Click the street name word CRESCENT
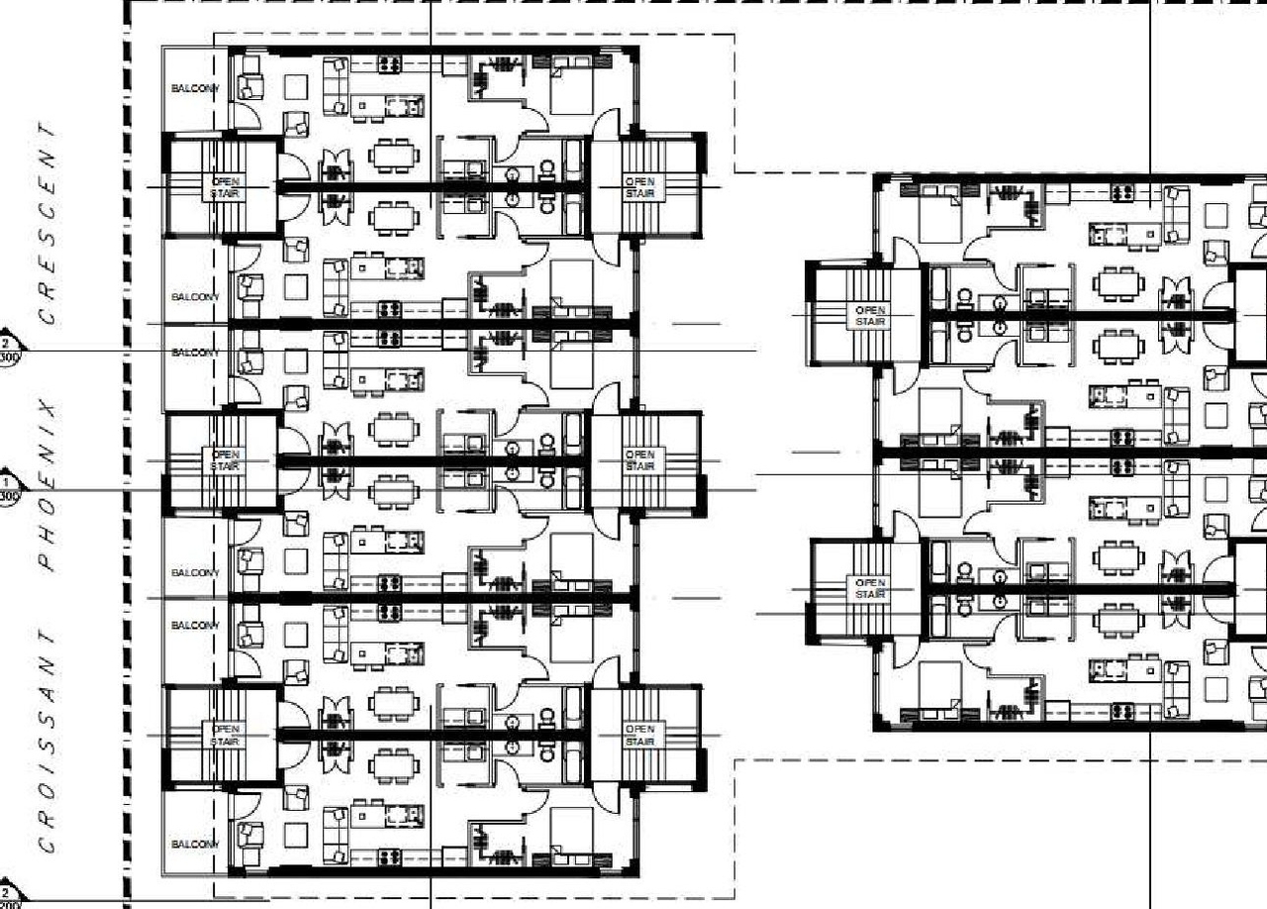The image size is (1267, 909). tap(47, 224)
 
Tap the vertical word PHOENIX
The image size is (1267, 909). tap(47, 485)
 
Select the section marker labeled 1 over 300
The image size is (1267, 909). tap(9, 489)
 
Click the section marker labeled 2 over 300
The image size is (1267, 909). tap(9, 350)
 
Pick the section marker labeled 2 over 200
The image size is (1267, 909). tap(9, 898)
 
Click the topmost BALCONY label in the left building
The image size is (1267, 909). tap(194, 89)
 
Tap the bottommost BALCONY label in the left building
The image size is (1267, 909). tap(194, 845)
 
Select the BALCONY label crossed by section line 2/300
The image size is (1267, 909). tap(194, 353)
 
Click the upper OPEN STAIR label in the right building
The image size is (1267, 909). tap(870, 316)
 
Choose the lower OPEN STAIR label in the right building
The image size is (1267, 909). tap(870, 588)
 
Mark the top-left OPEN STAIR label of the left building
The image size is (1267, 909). tap(225, 186)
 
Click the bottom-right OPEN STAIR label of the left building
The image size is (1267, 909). tap(639, 735)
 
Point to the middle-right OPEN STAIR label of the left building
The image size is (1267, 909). tap(639, 459)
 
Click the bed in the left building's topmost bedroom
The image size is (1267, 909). tap(570, 85)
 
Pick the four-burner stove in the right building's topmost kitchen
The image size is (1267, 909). tap(1122, 193)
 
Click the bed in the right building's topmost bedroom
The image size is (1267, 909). tap(939, 217)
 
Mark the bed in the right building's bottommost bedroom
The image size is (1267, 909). tap(939, 689)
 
